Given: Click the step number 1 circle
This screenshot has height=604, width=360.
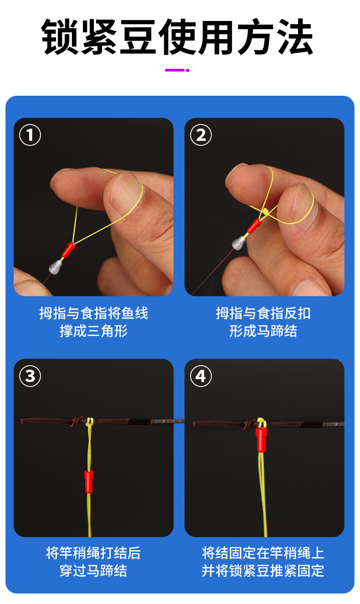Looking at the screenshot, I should pos(30,135).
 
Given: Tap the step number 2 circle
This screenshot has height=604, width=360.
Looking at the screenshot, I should pos(201,135).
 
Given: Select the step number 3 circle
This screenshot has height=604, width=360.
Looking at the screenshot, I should pos(30,376).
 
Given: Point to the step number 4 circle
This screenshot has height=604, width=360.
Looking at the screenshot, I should pos(201,376).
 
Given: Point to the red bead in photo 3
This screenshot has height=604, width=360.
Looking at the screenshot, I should pos(89,481).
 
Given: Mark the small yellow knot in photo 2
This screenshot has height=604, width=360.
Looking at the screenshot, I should pos(264,212).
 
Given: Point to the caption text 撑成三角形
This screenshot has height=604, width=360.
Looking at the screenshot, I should pos(93,331).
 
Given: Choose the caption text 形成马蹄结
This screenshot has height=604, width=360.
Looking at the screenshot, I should pos(263,331).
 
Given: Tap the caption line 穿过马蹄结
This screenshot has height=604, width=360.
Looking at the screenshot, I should pos(93,571).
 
